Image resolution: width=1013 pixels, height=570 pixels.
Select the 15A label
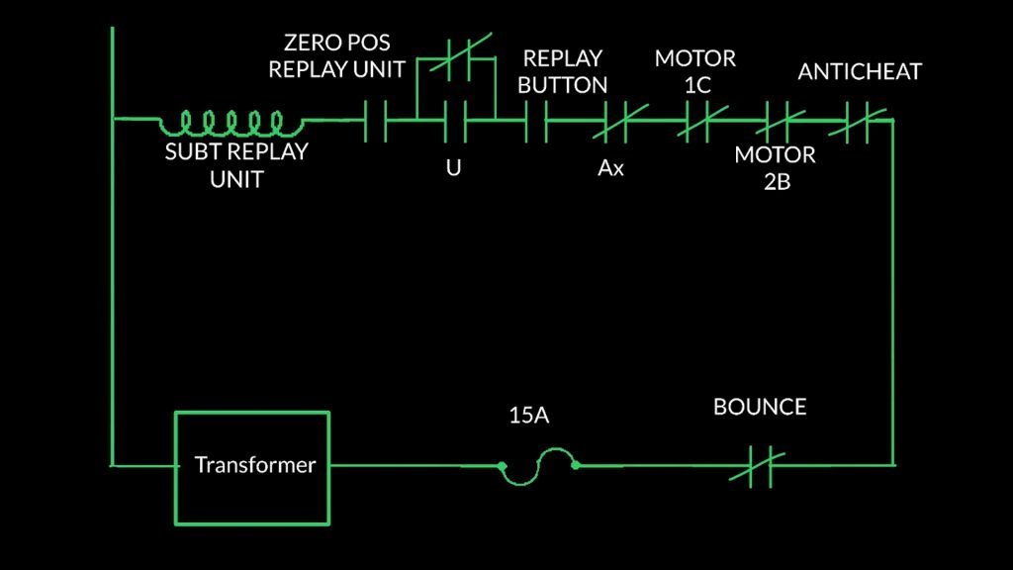[x=528, y=416]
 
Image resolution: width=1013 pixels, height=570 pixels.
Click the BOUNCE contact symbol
[x=757, y=467]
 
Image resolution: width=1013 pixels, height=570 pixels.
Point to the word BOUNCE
[x=760, y=407]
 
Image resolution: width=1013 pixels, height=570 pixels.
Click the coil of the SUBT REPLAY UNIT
[x=232, y=123]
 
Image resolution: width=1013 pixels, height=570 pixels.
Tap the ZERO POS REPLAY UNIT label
[x=337, y=56]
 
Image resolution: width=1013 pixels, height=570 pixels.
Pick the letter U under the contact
[x=453, y=168]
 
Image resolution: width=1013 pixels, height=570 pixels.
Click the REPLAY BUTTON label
[x=563, y=71]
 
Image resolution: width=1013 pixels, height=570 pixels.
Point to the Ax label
[x=610, y=168]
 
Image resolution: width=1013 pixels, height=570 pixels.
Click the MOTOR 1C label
[x=695, y=71]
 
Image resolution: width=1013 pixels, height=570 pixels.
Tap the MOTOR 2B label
[x=775, y=168]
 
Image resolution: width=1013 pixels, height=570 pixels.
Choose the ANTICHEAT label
[x=860, y=71]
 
